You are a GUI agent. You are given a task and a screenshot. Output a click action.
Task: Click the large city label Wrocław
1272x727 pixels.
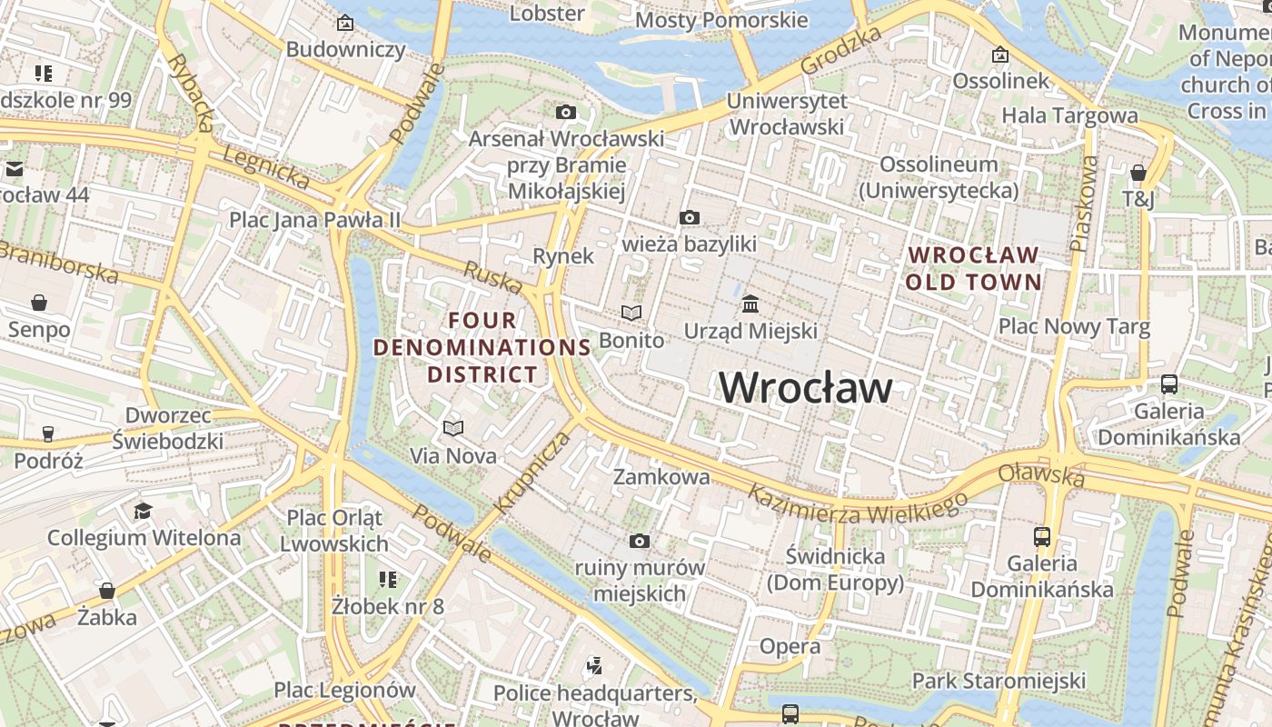(x=805, y=388)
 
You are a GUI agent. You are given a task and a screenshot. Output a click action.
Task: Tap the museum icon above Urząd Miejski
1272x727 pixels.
(x=750, y=304)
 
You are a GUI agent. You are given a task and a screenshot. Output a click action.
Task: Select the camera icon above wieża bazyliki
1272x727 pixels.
(x=690, y=217)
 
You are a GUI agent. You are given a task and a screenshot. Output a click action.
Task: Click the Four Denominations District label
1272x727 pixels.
(x=482, y=347)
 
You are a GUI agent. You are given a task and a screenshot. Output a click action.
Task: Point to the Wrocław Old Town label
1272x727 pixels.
(x=973, y=268)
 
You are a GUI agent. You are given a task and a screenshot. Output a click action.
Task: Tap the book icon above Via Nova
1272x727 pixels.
(x=452, y=427)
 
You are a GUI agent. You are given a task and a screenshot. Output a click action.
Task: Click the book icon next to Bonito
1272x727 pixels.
(x=631, y=313)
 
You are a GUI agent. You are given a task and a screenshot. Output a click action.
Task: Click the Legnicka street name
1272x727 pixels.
(x=266, y=167)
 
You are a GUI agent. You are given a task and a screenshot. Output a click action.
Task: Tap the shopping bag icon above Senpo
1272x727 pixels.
(x=39, y=302)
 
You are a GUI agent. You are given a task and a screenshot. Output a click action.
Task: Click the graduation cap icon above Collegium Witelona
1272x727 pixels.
(x=143, y=511)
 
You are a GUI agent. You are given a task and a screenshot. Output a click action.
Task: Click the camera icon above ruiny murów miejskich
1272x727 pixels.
(x=640, y=542)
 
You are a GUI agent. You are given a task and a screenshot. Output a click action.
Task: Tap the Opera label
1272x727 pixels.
(x=790, y=647)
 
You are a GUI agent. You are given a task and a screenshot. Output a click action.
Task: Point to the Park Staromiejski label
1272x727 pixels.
(x=999, y=681)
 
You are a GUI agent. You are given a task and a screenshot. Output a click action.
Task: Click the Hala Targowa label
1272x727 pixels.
(x=1069, y=115)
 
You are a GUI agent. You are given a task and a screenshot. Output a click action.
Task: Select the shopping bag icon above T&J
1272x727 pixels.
(x=1138, y=173)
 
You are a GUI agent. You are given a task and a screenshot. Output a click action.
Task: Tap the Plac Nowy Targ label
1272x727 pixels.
(x=1074, y=326)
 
